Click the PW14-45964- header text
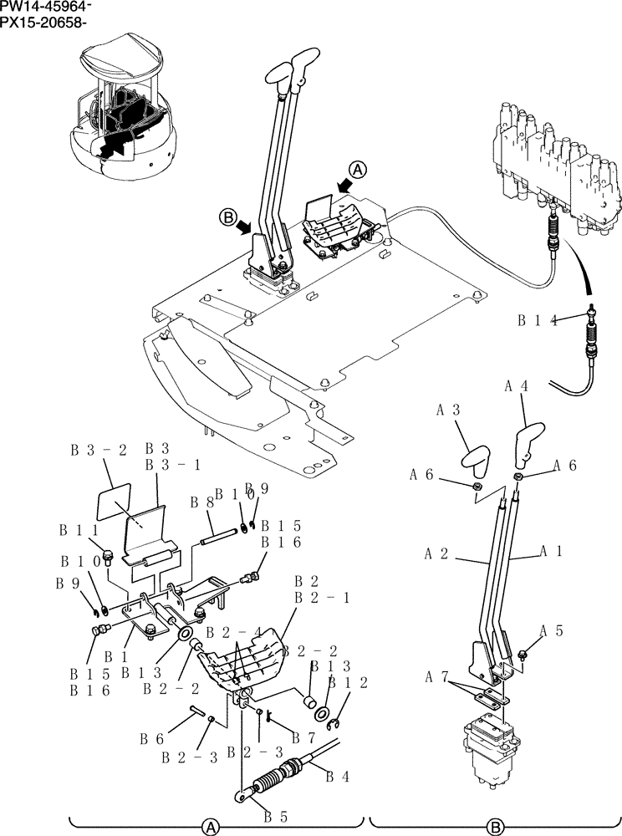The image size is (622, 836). click(x=47, y=8)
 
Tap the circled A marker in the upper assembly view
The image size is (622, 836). click(x=358, y=170)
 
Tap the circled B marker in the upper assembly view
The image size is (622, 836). click(x=227, y=219)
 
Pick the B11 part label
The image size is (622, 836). click(x=78, y=530)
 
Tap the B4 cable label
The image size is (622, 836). click(x=337, y=777)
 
